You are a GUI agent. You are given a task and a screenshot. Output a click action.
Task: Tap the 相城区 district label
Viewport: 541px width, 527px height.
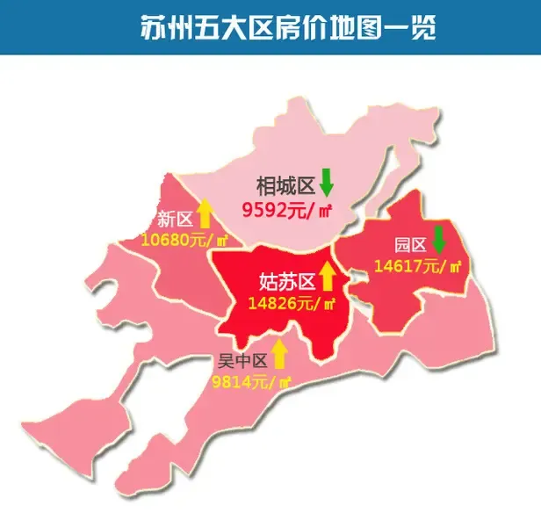tap(285, 186)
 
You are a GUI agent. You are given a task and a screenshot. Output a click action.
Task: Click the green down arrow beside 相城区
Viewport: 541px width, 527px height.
tap(327, 182)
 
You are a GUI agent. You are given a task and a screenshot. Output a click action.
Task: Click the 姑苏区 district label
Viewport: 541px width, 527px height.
tap(287, 281)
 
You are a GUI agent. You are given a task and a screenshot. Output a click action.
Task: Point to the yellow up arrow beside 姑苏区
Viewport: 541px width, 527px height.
tap(328, 276)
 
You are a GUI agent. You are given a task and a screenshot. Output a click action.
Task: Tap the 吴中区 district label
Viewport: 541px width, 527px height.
tap(242, 360)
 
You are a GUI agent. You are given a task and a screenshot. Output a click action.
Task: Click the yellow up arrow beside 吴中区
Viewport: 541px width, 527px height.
tap(279, 354)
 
